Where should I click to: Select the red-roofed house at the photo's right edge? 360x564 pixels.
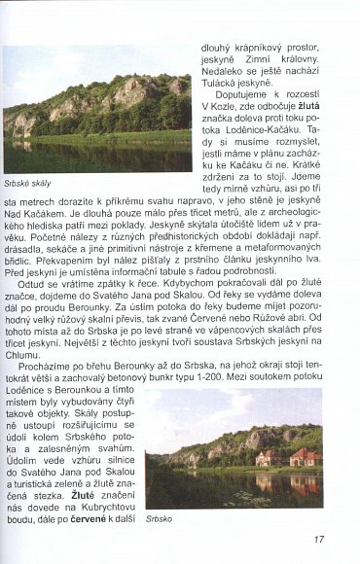(x=305, y=457)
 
